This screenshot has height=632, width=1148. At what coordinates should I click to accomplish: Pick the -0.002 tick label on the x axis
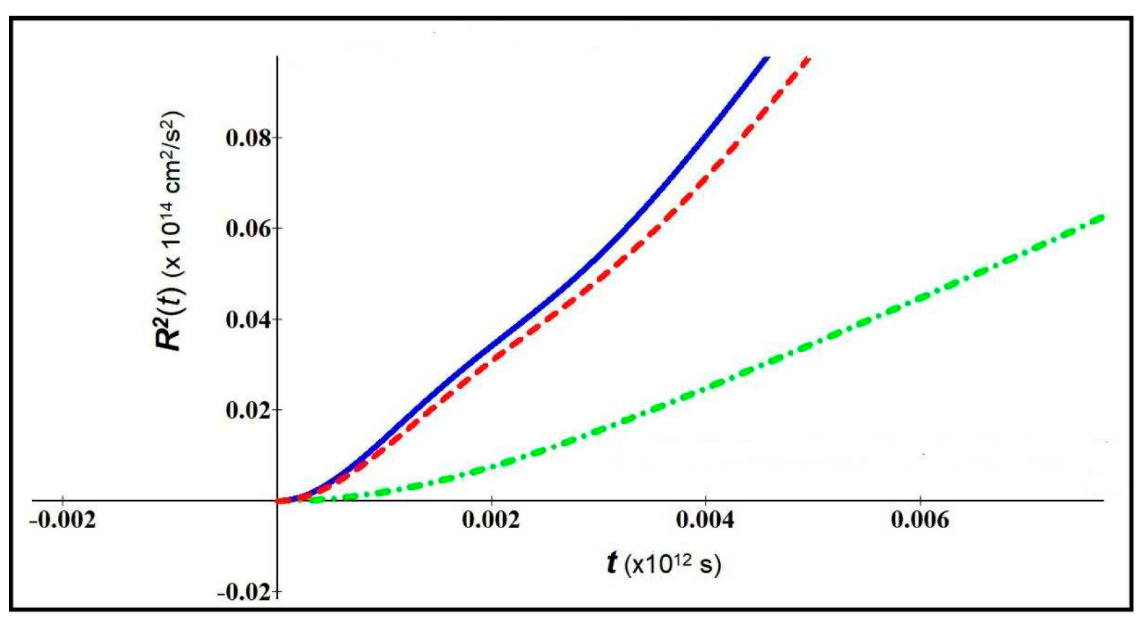pyautogui.click(x=63, y=521)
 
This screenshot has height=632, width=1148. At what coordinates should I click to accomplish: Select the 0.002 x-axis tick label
pyautogui.click(x=491, y=521)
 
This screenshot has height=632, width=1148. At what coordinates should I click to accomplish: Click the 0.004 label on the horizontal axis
pyautogui.click(x=705, y=521)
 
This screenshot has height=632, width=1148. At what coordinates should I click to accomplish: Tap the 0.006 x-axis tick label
pyautogui.click(x=919, y=521)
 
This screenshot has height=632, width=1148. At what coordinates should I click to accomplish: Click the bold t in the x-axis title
pyautogui.click(x=612, y=564)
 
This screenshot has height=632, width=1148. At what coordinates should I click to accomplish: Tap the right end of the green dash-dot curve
pyautogui.click(x=1102, y=217)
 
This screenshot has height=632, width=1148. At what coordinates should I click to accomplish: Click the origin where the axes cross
pyautogui.click(x=277, y=501)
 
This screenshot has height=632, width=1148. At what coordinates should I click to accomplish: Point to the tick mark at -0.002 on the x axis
pyautogui.click(x=63, y=501)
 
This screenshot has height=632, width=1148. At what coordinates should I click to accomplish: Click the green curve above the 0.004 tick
pyautogui.click(x=706, y=387)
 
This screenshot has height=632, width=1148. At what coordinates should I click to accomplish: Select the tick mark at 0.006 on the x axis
pyautogui.click(x=920, y=501)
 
